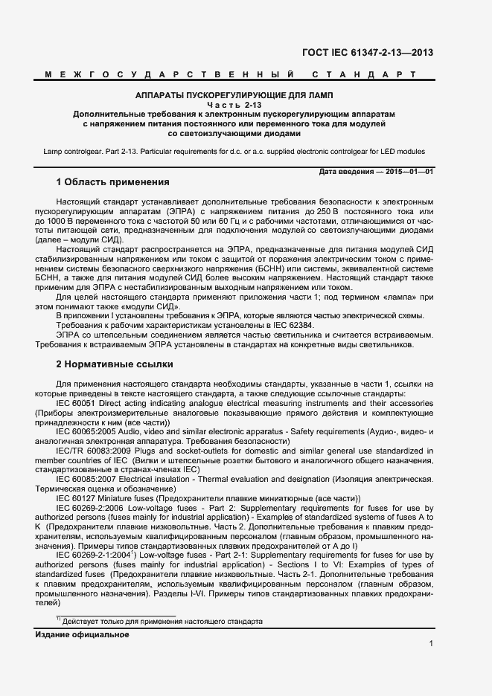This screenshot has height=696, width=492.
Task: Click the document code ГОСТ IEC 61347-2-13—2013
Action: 368,52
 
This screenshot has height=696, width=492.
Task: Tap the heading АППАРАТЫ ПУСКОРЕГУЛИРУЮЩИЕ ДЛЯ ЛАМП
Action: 235,96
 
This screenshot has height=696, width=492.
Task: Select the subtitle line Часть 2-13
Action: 235,106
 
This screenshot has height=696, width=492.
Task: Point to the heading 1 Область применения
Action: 113,182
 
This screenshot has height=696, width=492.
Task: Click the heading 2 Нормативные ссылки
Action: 115,364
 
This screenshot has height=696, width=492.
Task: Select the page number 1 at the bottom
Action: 431,643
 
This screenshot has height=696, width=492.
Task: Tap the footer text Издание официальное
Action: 82,634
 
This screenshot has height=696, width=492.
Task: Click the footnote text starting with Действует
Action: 163,622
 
